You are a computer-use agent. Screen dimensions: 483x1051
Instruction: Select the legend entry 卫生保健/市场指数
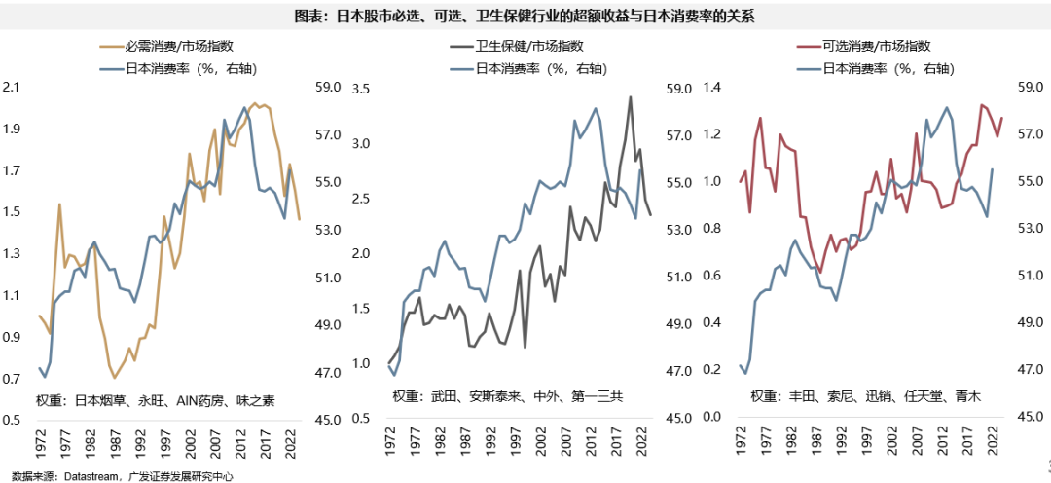(x=529, y=45)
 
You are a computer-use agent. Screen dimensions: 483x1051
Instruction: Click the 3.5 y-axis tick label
(x=362, y=89)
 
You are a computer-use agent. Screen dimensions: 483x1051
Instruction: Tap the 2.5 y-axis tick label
(x=362, y=199)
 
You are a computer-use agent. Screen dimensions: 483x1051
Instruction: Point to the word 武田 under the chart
(x=444, y=396)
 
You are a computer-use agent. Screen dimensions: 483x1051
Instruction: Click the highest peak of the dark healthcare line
(x=631, y=96)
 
